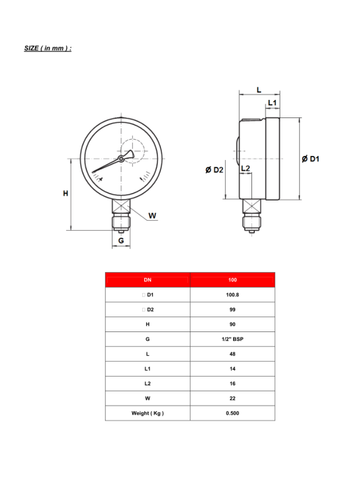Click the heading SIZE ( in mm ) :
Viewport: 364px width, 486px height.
[x=47, y=49]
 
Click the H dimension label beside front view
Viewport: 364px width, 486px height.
[x=65, y=194]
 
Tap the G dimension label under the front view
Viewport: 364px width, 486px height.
[x=121, y=240]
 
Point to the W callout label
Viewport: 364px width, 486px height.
[x=152, y=216]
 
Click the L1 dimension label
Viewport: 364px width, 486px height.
[x=272, y=103]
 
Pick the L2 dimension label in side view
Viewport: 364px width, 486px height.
[x=245, y=167]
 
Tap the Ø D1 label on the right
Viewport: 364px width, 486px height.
[x=311, y=158]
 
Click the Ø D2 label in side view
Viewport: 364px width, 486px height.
[x=214, y=169]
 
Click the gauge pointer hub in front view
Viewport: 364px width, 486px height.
[x=121, y=159]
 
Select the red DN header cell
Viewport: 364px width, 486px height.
[x=148, y=279]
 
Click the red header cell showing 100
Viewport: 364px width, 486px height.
[x=233, y=279]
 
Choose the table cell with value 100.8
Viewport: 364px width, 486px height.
[x=233, y=294]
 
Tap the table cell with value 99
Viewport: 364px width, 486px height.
[x=233, y=309]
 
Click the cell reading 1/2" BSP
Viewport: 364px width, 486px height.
[x=233, y=339]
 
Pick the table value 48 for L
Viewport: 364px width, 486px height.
[x=233, y=354]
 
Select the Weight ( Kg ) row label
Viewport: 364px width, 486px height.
[x=148, y=413]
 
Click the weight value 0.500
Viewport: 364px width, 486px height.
[x=233, y=413]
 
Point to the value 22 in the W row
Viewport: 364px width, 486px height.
[x=233, y=398]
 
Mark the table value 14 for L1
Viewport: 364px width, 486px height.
[x=233, y=369]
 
